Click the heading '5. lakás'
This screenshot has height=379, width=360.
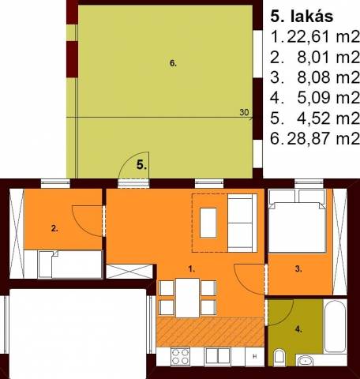pos(302,17)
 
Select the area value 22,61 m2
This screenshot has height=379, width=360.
pos(323,37)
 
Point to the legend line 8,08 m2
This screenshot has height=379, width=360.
pos(328,77)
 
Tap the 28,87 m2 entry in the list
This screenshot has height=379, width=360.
pos(323,138)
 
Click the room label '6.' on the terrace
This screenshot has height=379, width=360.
pos(173,63)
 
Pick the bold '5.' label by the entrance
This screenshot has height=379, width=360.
pos(141,165)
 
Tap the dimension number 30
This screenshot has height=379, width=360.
pos(244,112)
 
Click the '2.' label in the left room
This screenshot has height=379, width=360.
pos(54,228)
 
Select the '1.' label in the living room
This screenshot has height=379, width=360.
pos(191,269)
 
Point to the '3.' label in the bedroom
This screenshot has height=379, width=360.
pos(298,269)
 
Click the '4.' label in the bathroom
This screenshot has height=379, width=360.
pos(298,329)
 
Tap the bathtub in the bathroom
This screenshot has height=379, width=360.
pos(335,327)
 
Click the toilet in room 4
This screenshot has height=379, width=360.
pos(279,357)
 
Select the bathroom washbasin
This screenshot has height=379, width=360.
pos(306,360)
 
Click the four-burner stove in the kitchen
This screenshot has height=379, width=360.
pos(180,356)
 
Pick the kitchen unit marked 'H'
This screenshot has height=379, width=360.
pos(254,356)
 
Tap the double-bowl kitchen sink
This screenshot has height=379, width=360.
pos(218,356)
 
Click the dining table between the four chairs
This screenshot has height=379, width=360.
pos(188,298)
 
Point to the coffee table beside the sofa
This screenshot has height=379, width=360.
pos(208,223)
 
